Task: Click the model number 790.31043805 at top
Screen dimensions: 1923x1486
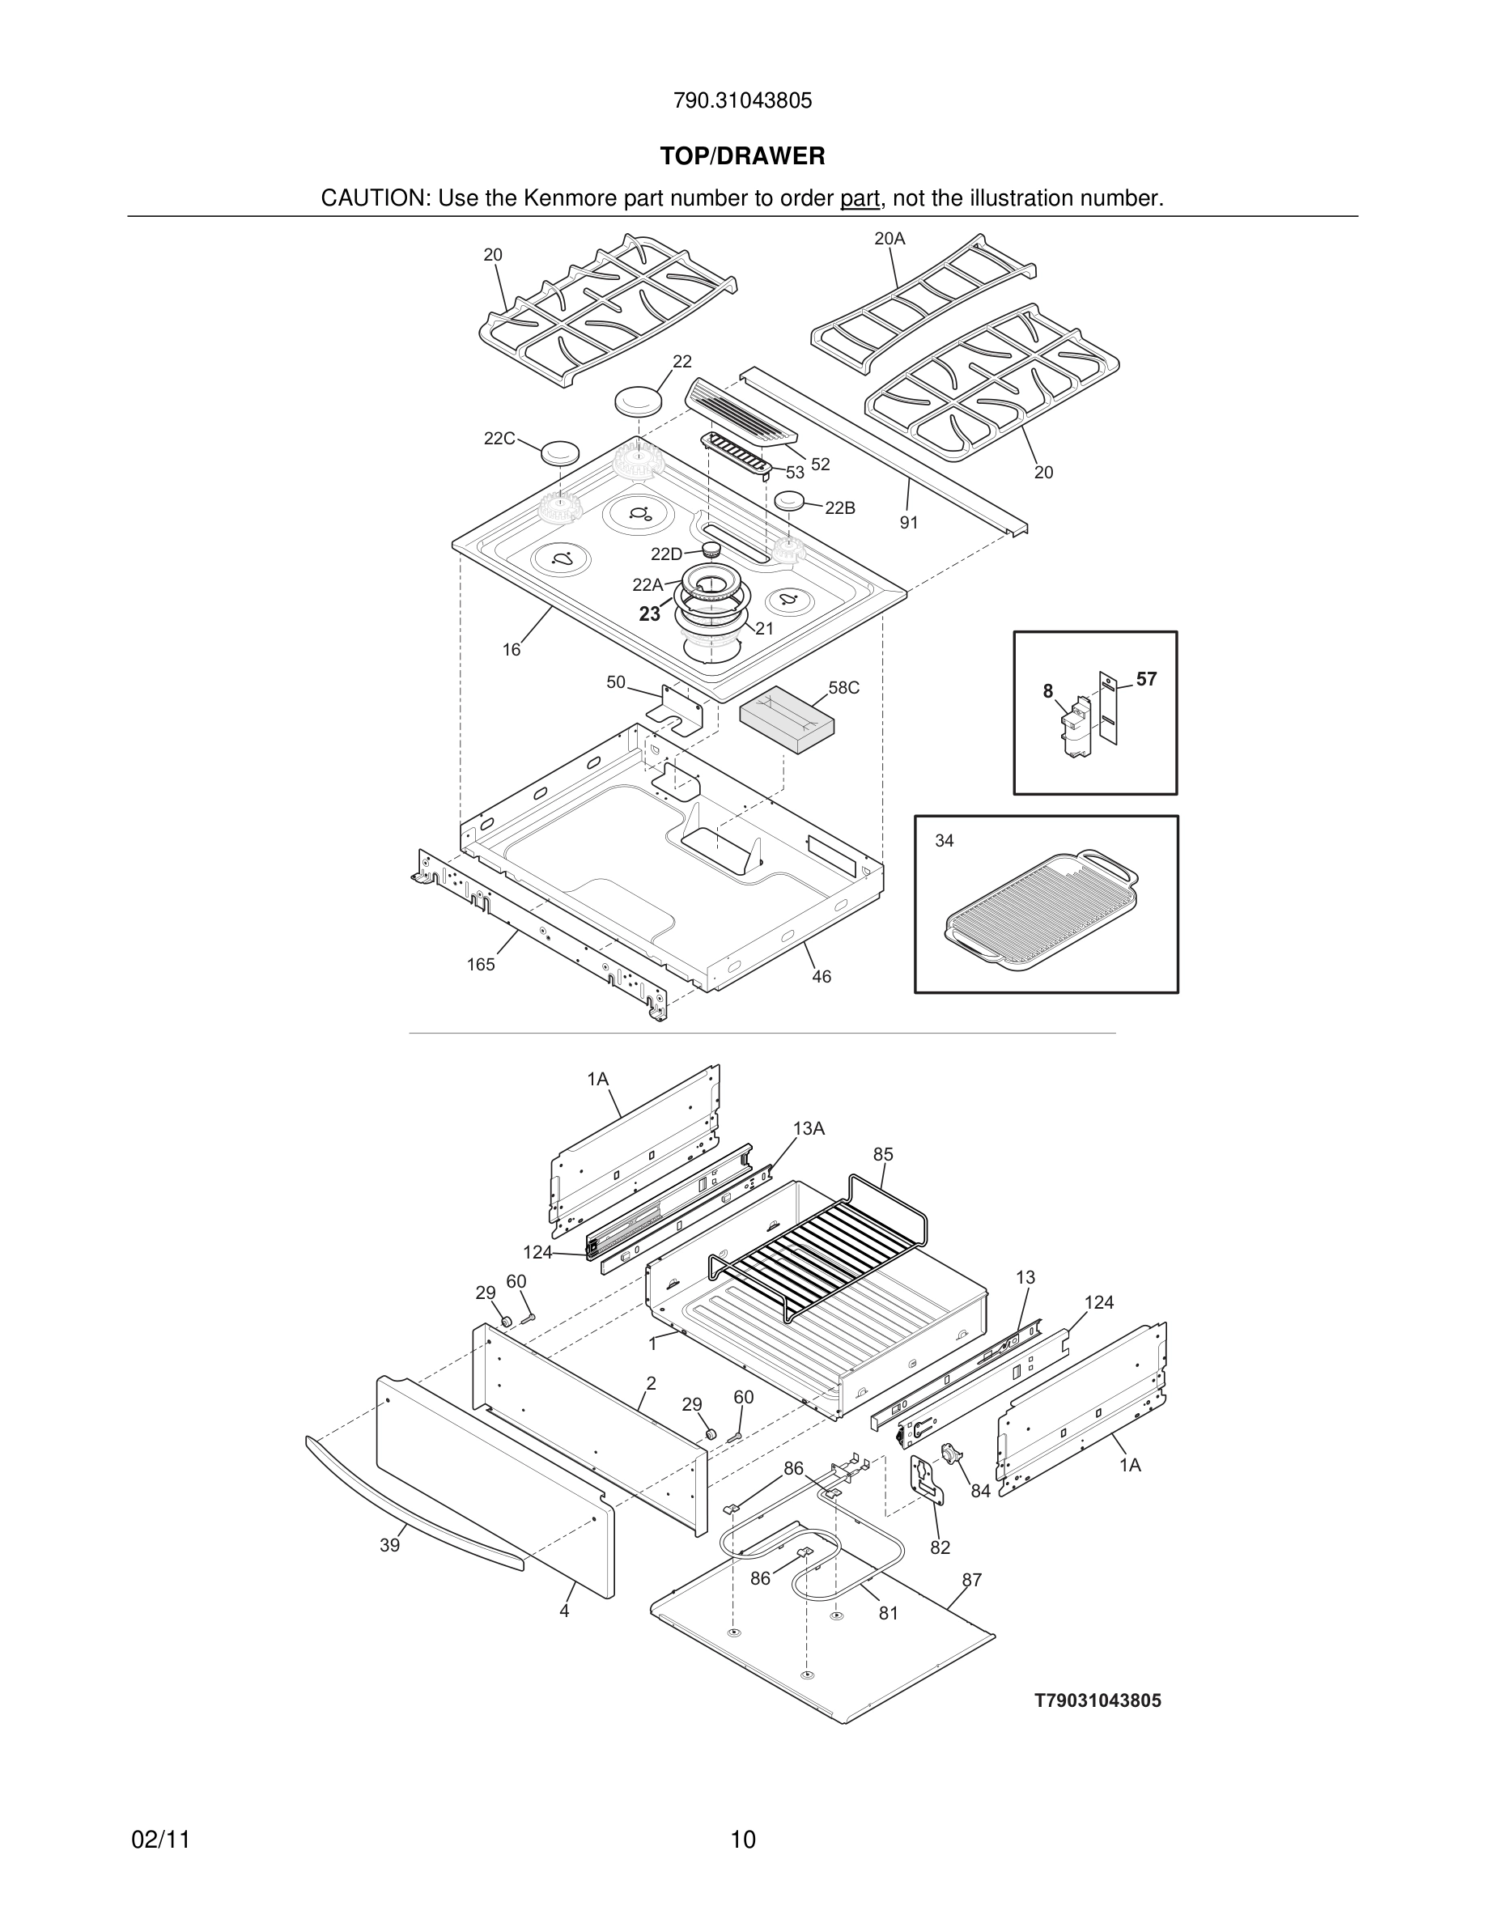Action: (x=742, y=100)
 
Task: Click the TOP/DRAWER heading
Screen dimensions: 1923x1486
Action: (x=742, y=157)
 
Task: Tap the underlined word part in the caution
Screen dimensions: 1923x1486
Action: (x=860, y=199)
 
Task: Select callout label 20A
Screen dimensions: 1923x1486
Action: (x=889, y=239)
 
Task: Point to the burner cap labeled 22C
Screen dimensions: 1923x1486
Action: (x=560, y=452)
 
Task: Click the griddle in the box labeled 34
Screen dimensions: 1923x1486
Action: (x=1041, y=911)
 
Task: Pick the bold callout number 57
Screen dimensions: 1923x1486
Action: (x=1146, y=679)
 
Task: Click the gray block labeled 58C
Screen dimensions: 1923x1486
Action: (x=786, y=720)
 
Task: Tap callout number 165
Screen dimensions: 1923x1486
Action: (x=481, y=964)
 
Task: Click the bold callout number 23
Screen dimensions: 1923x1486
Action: (x=650, y=614)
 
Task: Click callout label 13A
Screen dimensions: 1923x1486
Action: (x=808, y=1129)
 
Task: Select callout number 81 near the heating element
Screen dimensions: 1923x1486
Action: (x=888, y=1613)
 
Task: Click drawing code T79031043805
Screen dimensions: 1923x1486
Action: (x=1097, y=1701)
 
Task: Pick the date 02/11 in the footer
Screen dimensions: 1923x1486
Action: (x=160, y=1840)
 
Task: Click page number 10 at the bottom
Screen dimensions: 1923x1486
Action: (x=742, y=1840)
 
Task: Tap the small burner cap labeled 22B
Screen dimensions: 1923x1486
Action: (x=791, y=501)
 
